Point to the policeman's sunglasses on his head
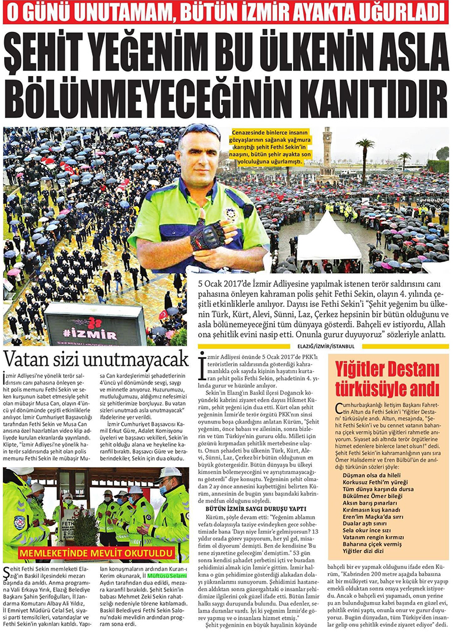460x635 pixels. (200, 131)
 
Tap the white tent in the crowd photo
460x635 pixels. (328, 239)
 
